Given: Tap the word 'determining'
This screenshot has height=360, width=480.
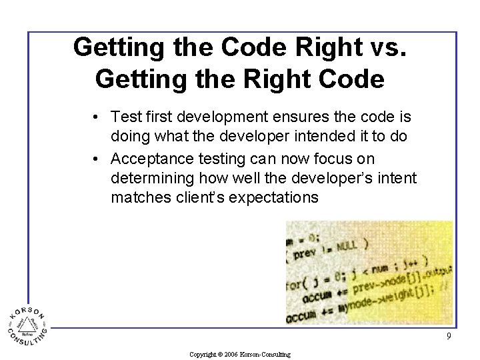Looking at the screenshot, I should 154,178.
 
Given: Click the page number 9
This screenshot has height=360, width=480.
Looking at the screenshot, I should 449,336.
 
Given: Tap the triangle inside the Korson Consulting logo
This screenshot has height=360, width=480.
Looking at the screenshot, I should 27,325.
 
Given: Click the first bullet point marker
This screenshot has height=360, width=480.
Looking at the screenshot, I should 97,117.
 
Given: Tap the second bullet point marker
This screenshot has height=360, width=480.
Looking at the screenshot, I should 97,159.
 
